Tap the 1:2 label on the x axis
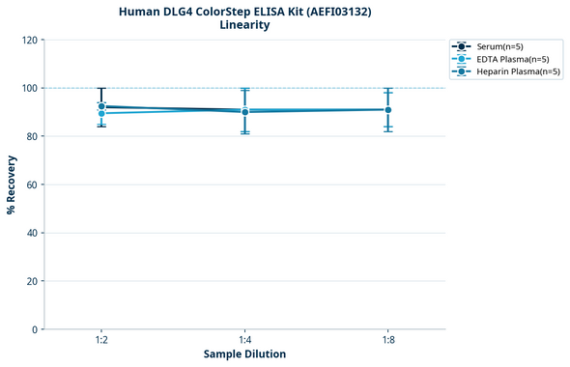101,340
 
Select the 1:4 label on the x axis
244,340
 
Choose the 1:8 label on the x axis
387,340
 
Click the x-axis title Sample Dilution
244,354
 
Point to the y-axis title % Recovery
12,184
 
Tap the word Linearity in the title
244,25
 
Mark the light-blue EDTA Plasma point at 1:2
101,113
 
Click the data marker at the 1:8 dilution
387,109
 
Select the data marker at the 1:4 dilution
244,111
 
